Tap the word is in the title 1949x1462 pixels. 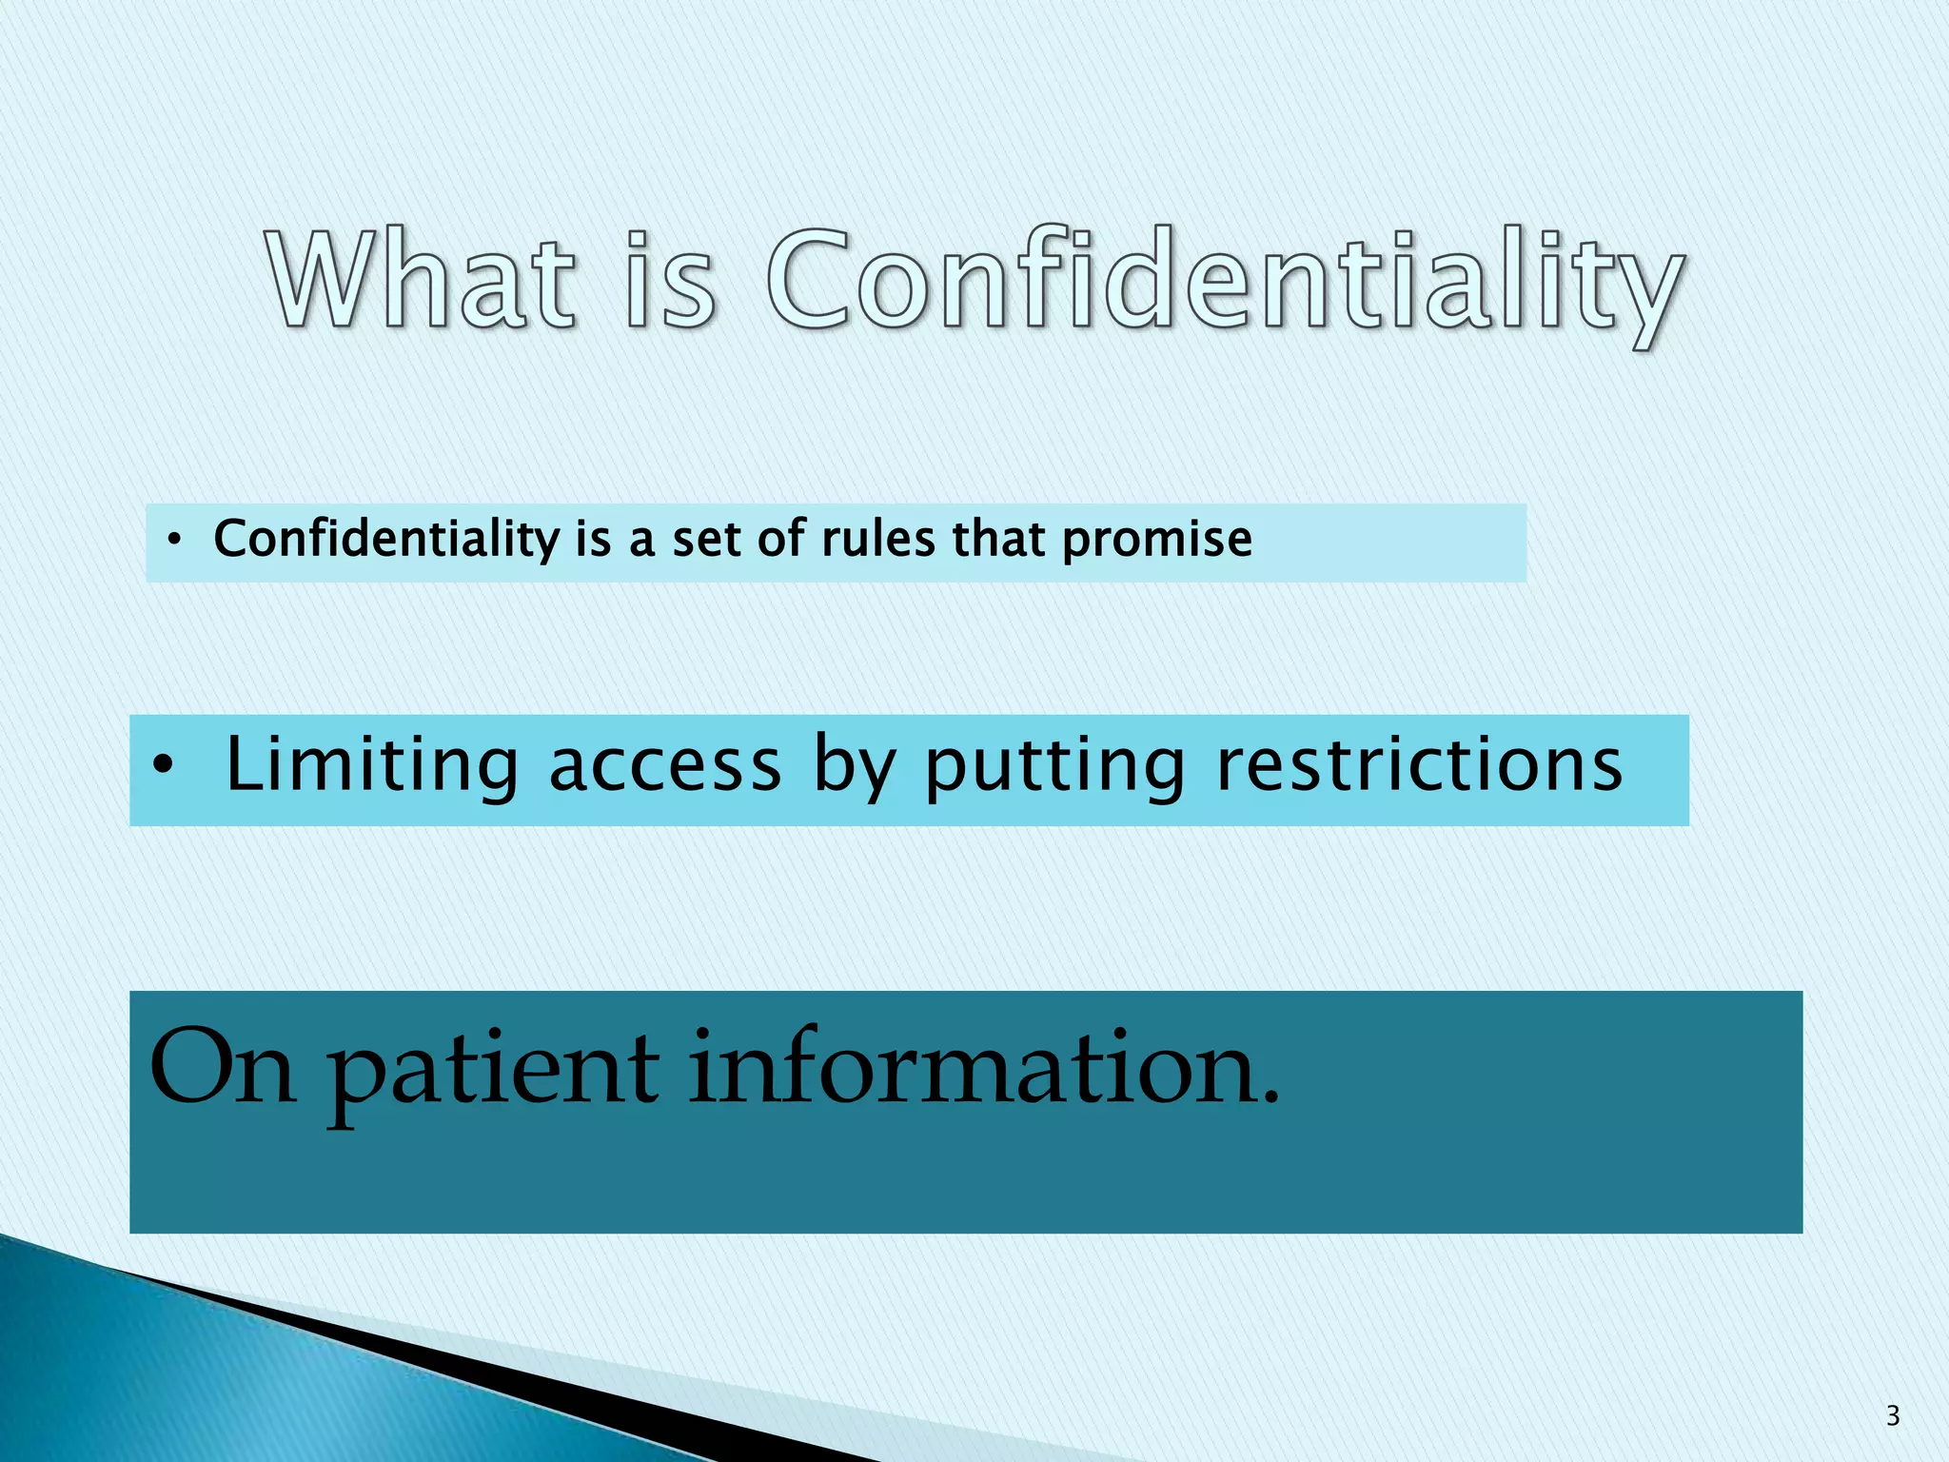(670, 282)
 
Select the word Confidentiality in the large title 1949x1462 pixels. (1224, 286)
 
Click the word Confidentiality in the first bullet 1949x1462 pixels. (386, 540)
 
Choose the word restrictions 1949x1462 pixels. (1419, 765)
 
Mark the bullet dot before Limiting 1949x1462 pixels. (163, 765)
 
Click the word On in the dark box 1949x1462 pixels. (222, 1068)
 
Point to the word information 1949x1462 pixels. (971, 1068)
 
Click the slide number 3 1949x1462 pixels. (1892, 1416)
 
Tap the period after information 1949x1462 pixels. (1269, 1099)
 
